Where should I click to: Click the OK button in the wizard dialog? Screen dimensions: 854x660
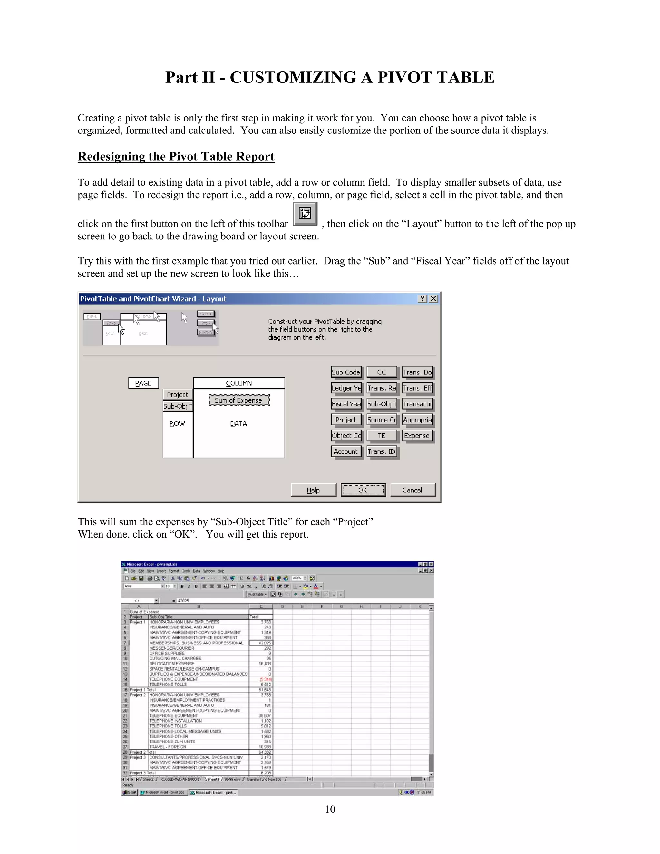pyautogui.click(x=363, y=490)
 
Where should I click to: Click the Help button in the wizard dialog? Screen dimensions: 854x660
pyautogui.click(x=313, y=490)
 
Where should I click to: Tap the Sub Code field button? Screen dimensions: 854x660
pyautogui.click(x=346, y=372)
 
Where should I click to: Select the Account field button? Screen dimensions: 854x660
pyautogui.click(x=346, y=451)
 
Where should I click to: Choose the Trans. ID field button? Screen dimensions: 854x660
pyautogui.click(x=382, y=451)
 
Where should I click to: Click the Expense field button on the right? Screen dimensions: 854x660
pyautogui.click(x=417, y=436)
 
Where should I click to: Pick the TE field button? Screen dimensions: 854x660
pyautogui.click(x=382, y=436)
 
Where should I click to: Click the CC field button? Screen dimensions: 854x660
pyautogui.click(x=382, y=372)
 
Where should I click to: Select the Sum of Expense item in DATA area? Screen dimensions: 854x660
pyautogui.click(x=238, y=400)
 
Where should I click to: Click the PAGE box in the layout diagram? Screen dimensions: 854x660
pyautogui.click(x=143, y=383)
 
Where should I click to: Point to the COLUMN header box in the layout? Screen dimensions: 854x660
pyautogui.click(x=239, y=383)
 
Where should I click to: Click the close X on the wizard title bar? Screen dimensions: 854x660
pyautogui.click(x=433, y=299)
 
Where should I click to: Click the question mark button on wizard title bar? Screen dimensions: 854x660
pyautogui.click(x=422, y=299)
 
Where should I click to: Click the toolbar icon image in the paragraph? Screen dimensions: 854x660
pyautogui.click(x=305, y=213)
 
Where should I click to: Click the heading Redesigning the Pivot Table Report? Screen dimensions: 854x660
pyautogui.click(x=176, y=156)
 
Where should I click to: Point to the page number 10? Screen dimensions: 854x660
pyautogui.click(x=330, y=809)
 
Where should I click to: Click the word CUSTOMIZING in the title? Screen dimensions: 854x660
pyautogui.click(x=293, y=77)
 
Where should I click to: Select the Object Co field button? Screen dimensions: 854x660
pyautogui.click(x=346, y=436)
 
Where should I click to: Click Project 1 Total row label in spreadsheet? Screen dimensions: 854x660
pyautogui.click(x=142, y=690)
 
